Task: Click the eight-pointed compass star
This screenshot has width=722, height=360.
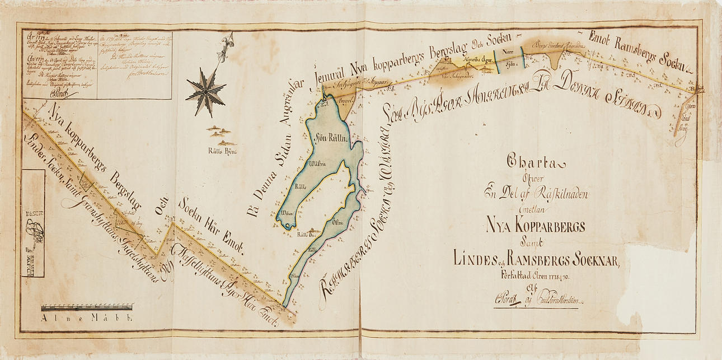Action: coord(205,89)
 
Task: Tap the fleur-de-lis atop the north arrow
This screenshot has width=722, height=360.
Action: coord(226,43)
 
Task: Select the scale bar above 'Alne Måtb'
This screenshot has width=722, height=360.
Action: coord(87,307)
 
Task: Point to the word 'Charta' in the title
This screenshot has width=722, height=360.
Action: coord(536,163)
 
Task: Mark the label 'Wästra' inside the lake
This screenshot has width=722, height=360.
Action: coord(317,164)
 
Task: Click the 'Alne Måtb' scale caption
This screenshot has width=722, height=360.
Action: coord(86,319)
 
